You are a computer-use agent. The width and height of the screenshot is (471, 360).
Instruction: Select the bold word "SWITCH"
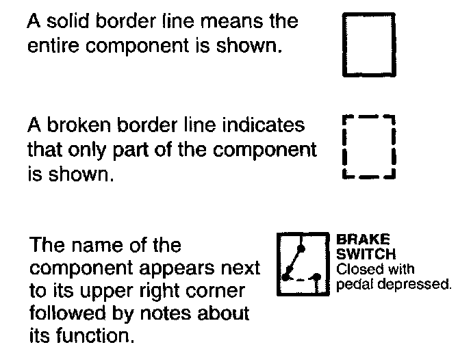point(365,252)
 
